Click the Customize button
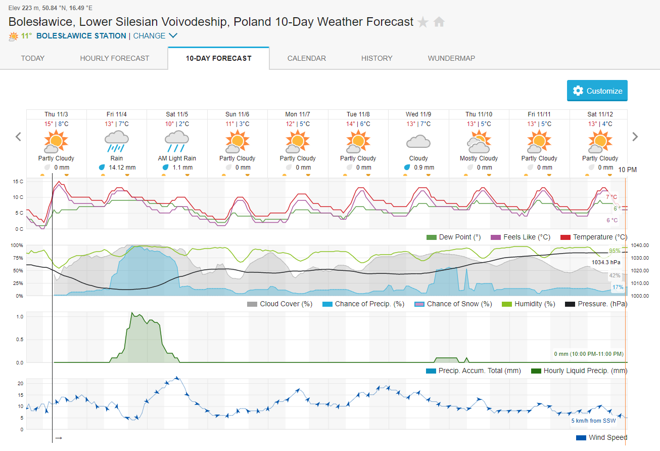tap(597, 91)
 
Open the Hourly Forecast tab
tap(115, 58)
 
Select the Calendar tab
tap(306, 58)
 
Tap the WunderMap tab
tap(451, 58)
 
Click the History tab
tap(376, 58)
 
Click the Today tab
tap(33, 58)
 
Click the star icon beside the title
tap(423, 22)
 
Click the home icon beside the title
tap(439, 22)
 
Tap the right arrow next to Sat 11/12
tap(635, 137)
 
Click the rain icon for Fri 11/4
tap(116, 141)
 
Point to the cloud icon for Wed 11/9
tap(418, 141)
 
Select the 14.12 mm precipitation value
tap(121, 168)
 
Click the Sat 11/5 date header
tap(177, 114)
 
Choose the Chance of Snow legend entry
tap(453, 304)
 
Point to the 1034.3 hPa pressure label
tap(606, 262)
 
